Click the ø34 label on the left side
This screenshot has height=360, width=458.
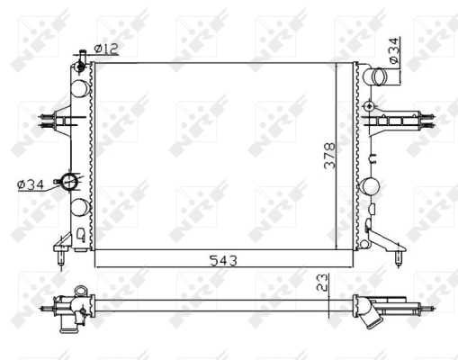pyautogui.click(x=31, y=184)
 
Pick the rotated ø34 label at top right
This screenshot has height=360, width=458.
pyautogui.click(x=392, y=52)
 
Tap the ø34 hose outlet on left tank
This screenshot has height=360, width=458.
pyautogui.click(x=69, y=181)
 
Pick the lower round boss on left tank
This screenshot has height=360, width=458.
pyautogui.click(x=79, y=207)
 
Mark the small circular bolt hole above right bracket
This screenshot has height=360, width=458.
pyautogui.click(x=369, y=106)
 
